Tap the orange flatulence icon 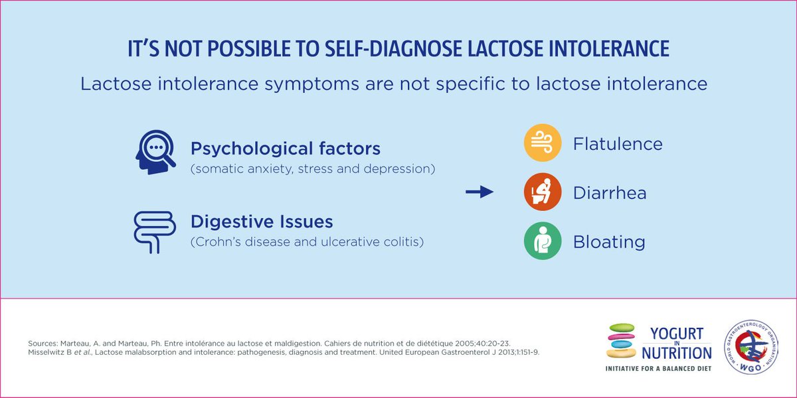coord(543,143)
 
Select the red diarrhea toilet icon coord(543,192)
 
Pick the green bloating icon coord(543,241)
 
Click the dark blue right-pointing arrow coord(480,192)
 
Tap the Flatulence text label coord(618,144)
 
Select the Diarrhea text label coord(610,193)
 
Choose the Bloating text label coord(609,241)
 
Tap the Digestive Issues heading coord(262,221)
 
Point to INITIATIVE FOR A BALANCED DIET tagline coord(658,367)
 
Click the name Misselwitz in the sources coord(50,353)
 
